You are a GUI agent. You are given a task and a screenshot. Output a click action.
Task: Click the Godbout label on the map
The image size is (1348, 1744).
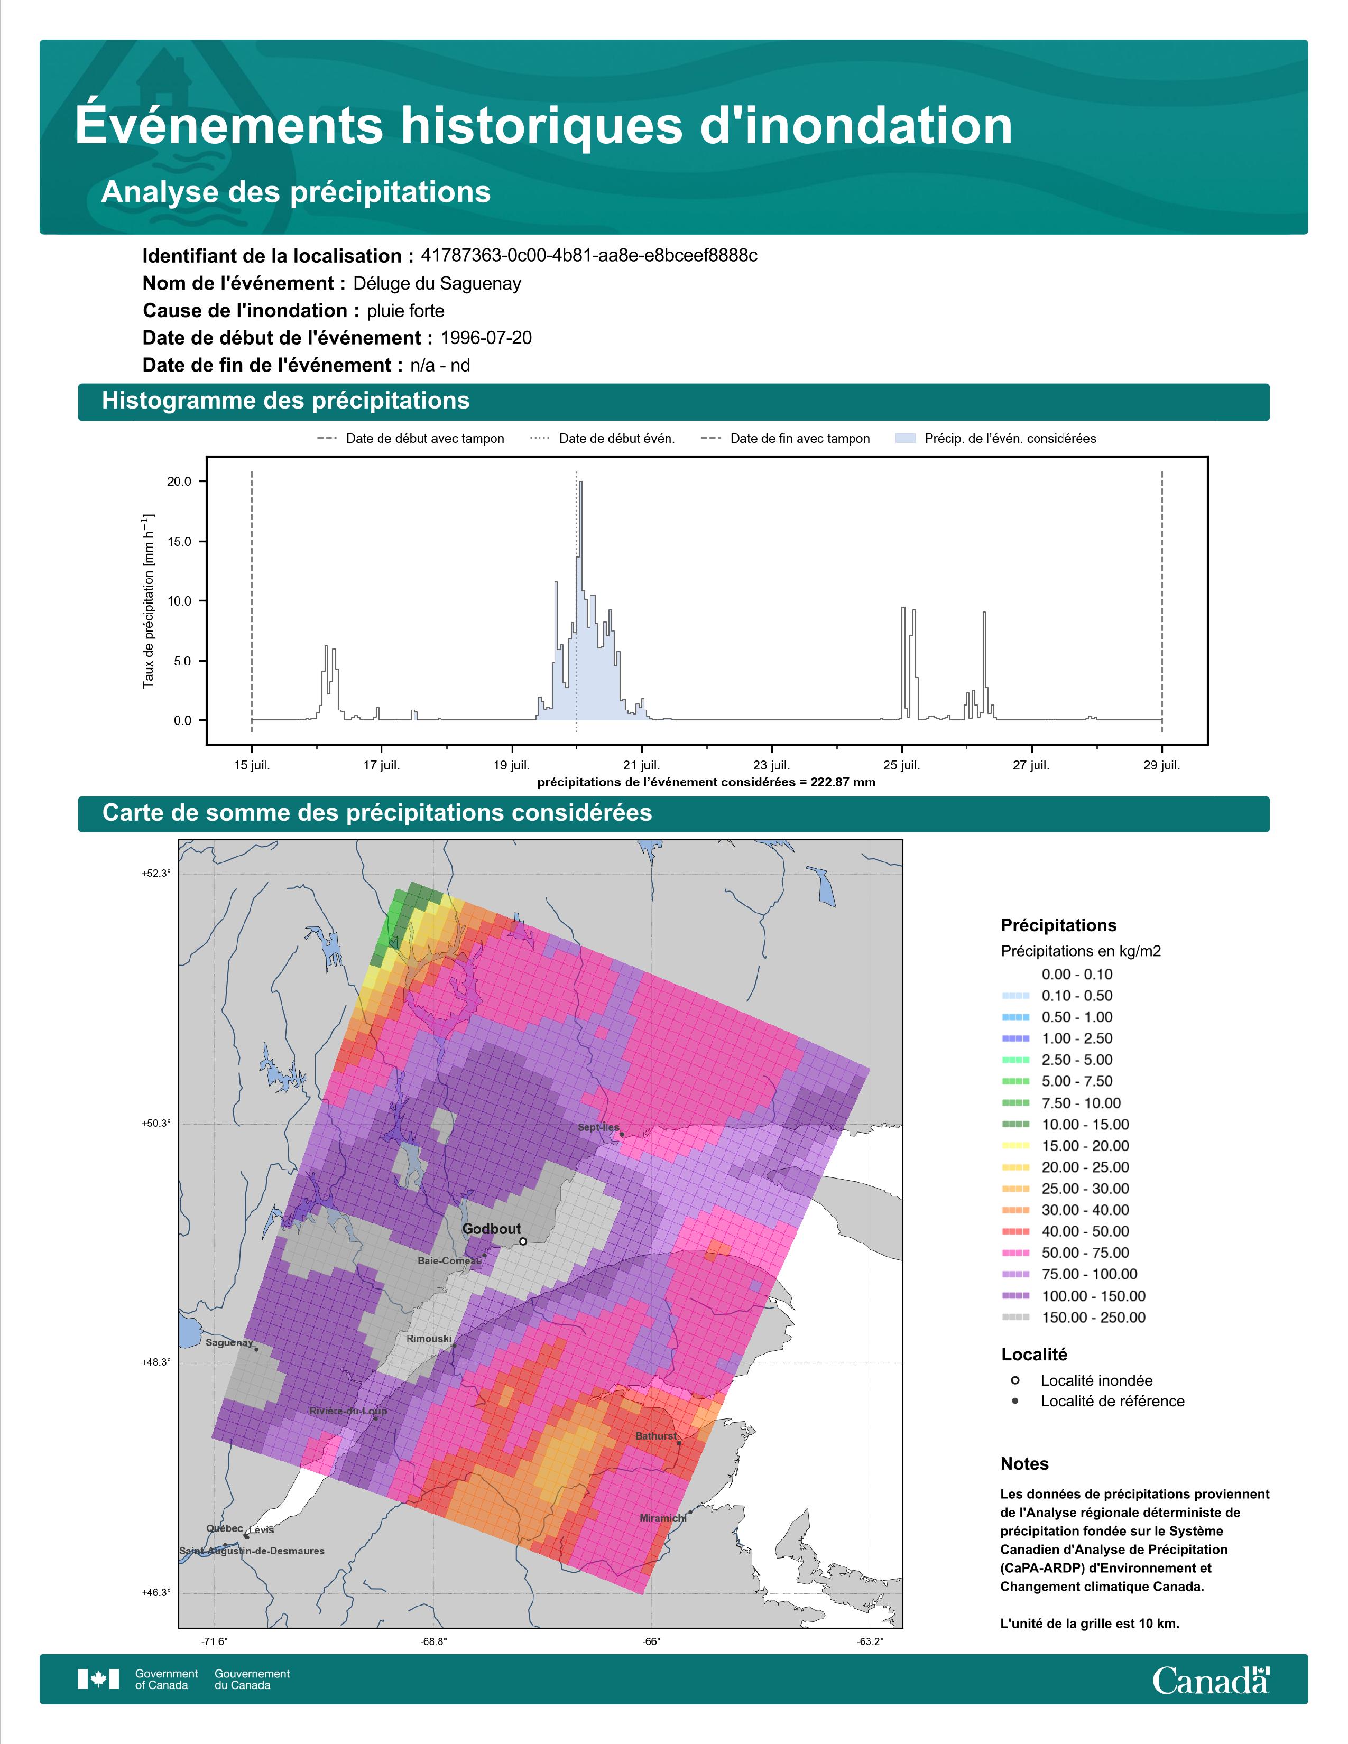click(x=491, y=1229)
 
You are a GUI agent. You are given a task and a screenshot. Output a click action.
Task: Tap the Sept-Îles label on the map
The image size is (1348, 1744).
click(x=598, y=1128)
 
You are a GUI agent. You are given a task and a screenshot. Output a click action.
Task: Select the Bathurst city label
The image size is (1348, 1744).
click(x=655, y=1436)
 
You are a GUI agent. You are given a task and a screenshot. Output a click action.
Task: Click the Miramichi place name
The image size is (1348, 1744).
click(x=663, y=1518)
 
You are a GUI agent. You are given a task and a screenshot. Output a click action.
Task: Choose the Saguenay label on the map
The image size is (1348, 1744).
click(x=229, y=1343)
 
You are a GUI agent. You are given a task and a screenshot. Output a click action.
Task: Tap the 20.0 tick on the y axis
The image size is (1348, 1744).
click(x=180, y=481)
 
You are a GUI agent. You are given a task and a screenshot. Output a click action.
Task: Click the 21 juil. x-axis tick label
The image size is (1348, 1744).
click(x=641, y=765)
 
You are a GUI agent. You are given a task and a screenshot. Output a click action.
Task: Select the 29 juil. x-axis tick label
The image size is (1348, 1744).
click(x=1161, y=765)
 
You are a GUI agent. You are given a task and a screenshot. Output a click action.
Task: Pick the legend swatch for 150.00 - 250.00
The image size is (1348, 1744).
click(x=1015, y=1318)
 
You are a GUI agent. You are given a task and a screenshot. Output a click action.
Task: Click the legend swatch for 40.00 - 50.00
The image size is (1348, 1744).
click(x=1015, y=1231)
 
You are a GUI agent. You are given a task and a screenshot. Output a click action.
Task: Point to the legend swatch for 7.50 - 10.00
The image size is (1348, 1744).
click(x=1015, y=1103)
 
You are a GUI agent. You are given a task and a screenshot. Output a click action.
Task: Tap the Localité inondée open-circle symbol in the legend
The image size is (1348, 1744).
click(x=1015, y=1380)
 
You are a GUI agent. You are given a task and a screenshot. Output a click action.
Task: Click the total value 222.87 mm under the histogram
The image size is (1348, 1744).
click(x=843, y=783)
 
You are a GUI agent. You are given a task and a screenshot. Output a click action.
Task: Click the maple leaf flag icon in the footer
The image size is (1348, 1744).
click(x=98, y=1680)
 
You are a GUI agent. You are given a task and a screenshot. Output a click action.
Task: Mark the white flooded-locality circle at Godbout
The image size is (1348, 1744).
click(x=522, y=1241)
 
